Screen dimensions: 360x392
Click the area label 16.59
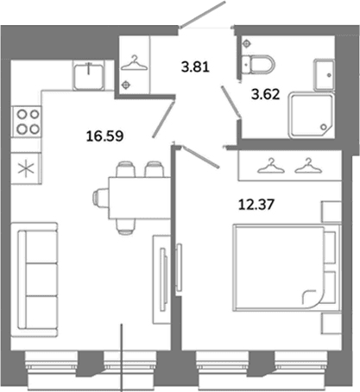104,136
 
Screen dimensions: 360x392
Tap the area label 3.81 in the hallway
195,67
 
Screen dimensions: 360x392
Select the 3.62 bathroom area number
265,94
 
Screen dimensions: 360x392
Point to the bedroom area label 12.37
256,205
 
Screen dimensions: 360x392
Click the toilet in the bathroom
257,64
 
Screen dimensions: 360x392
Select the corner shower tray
312,115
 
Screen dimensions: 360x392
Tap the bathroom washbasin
325,75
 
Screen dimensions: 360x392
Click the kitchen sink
89,75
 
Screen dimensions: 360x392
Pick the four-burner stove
26,122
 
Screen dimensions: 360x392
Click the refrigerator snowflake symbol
26,168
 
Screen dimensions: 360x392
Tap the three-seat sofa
35,279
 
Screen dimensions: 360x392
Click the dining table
139,199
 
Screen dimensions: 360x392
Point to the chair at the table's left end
100,198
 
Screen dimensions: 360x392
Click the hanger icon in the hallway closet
134,63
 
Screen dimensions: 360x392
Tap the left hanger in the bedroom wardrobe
271,166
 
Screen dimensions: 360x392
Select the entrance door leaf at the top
203,15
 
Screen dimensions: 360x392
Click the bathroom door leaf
231,102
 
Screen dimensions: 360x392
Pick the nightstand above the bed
332,212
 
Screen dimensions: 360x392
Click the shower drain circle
324,127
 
